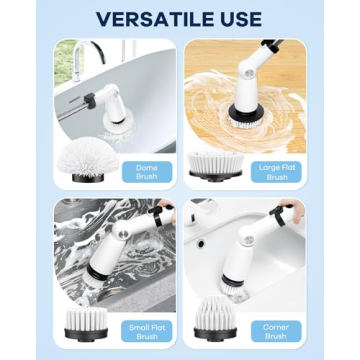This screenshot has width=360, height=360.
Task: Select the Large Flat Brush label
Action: click(276, 171)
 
